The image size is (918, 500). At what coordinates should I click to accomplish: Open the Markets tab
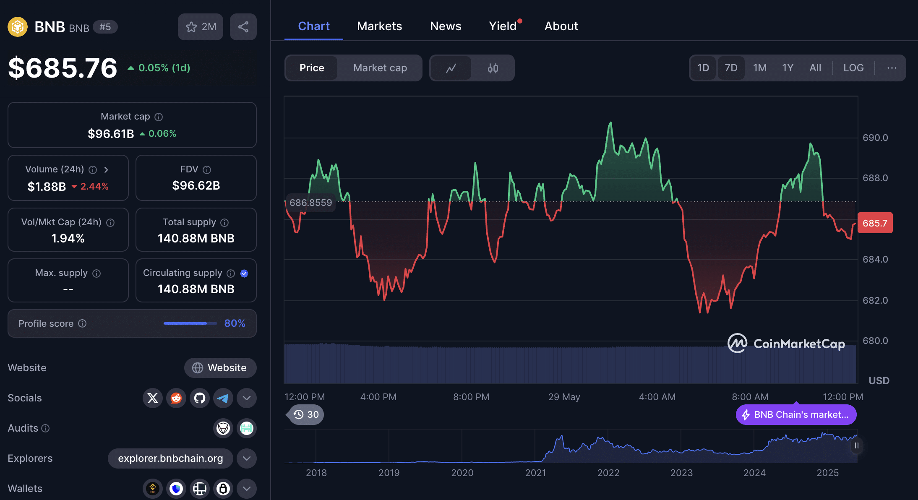(379, 26)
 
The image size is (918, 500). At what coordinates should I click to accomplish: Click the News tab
(446, 26)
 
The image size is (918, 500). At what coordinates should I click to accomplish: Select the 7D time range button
(731, 68)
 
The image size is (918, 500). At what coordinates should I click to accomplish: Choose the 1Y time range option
(788, 68)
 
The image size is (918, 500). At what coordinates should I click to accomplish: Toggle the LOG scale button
(853, 68)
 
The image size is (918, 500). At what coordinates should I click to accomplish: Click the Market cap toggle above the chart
(380, 68)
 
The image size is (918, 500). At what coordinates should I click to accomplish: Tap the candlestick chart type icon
(493, 68)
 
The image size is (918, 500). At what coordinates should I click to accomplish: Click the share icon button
(243, 27)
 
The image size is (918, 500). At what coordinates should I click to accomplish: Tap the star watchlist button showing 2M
(201, 27)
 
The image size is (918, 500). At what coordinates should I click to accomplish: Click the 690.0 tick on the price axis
(875, 138)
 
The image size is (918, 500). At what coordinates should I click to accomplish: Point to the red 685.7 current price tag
(875, 223)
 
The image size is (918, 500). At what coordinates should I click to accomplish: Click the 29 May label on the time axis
(564, 397)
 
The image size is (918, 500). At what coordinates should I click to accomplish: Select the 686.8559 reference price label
(310, 203)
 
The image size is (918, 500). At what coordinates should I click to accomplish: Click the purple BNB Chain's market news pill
(796, 414)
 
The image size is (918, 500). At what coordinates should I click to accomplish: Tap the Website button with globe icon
(220, 367)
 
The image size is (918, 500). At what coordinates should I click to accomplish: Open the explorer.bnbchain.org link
(170, 458)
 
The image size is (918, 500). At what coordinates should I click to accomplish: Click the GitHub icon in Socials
(200, 398)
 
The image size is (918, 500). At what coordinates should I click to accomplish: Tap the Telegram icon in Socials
(223, 398)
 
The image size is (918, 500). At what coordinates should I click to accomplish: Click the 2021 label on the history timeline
(535, 473)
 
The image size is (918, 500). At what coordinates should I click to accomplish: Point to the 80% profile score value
(235, 323)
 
